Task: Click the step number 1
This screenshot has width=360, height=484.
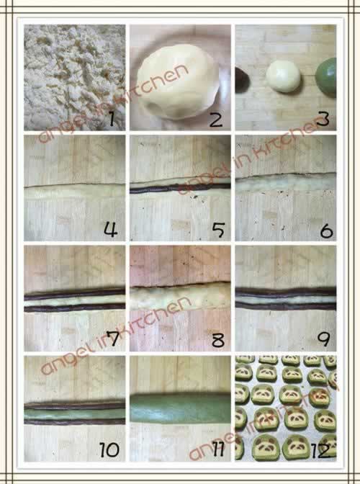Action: point(112,119)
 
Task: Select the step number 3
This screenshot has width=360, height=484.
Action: point(323,119)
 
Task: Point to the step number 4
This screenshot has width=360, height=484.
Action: point(110,230)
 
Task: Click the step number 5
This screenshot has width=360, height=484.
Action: point(218,230)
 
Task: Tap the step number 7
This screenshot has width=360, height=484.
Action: point(112,339)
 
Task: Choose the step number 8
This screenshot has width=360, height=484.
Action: point(218,340)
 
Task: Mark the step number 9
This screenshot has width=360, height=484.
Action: point(323,339)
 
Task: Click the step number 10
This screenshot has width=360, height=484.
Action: point(109,449)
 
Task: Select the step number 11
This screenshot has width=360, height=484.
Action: point(218,449)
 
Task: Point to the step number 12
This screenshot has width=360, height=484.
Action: point(321,450)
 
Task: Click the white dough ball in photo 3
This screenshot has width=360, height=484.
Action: point(283,76)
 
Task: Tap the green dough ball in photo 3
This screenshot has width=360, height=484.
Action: point(326,77)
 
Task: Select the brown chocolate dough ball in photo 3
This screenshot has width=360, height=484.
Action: point(242,80)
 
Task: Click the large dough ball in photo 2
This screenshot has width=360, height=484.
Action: point(178,82)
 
